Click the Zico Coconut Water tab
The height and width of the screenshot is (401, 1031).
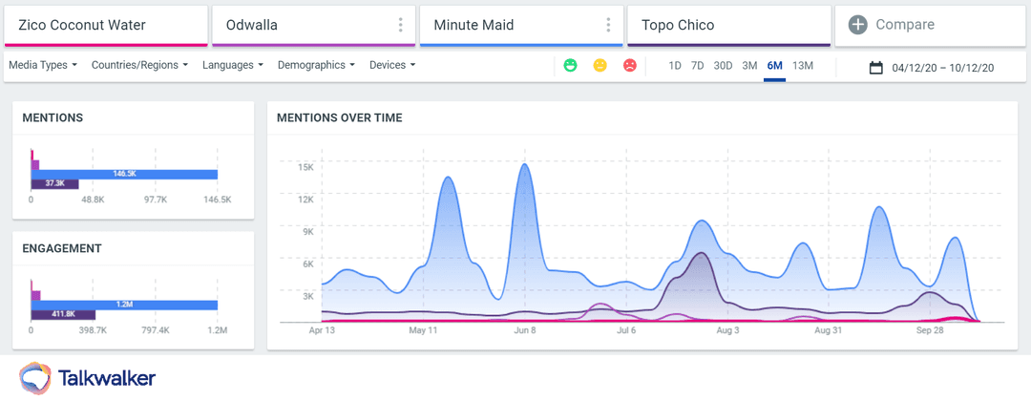105,25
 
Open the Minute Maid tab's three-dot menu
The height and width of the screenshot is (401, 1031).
608,25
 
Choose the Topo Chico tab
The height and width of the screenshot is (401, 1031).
728,25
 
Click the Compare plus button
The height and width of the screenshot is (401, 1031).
858,25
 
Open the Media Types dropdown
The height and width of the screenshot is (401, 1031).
44,66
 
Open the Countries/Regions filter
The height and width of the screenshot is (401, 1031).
139,66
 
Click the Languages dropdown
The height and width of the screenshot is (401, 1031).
233,66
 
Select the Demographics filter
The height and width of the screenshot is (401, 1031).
316,66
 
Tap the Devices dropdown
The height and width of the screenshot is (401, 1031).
392,66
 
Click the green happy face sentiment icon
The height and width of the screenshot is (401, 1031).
570,66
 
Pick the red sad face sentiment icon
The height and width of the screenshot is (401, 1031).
630,66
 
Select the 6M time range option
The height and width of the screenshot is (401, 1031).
774,66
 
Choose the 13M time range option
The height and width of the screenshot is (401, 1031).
803,66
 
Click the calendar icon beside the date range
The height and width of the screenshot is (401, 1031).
876,68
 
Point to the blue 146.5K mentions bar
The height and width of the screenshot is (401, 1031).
124,174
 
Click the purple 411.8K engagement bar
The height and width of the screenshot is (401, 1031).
63,314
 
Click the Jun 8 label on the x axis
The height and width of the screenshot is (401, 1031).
525,331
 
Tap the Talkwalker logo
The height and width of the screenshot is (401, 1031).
86,377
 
